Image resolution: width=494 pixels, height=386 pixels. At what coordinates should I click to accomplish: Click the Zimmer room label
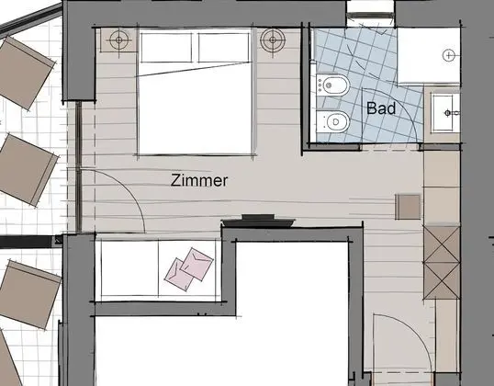click(x=199, y=181)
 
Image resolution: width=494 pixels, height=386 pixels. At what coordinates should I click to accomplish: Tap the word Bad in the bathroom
click(x=381, y=108)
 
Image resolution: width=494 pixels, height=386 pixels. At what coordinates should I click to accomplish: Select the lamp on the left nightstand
click(x=118, y=40)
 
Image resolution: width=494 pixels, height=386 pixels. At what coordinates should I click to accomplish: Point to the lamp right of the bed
click(x=273, y=40)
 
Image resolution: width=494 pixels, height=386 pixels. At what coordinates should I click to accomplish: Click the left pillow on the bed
click(x=166, y=47)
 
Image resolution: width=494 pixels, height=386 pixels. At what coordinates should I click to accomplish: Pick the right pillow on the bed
click(x=224, y=47)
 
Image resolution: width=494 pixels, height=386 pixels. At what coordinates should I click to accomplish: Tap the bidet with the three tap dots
click(x=333, y=85)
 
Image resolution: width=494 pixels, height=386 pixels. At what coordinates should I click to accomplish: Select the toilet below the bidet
click(x=333, y=121)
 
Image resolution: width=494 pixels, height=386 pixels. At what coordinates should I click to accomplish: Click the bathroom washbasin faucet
click(x=449, y=112)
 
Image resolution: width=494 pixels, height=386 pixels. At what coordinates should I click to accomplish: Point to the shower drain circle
click(x=448, y=55)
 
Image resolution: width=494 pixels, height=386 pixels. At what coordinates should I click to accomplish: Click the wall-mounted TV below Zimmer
click(x=258, y=221)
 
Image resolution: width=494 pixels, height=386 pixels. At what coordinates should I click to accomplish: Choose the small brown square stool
click(x=408, y=207)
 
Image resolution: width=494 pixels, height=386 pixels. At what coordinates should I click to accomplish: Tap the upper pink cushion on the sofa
click(x=196, y=264)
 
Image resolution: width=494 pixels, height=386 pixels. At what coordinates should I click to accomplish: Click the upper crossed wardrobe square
click(x=442, y=244)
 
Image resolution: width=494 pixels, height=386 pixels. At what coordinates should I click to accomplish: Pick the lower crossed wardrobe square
click(x=442, y=280)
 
